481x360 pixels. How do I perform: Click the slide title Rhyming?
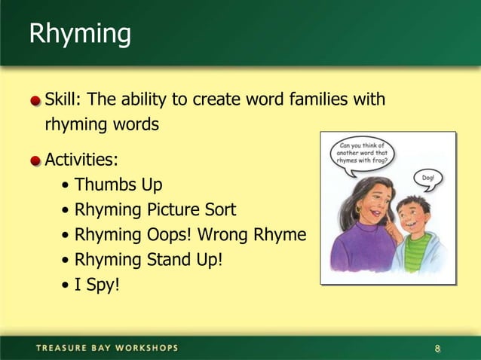79,35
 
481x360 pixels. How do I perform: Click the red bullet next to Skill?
35,100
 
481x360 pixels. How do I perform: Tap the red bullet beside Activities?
35,160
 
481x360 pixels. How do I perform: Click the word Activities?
81,160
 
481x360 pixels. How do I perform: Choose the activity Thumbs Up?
118,185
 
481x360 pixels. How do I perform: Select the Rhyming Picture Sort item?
155,209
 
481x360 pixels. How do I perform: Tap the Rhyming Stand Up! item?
149,260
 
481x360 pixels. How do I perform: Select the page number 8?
437,348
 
